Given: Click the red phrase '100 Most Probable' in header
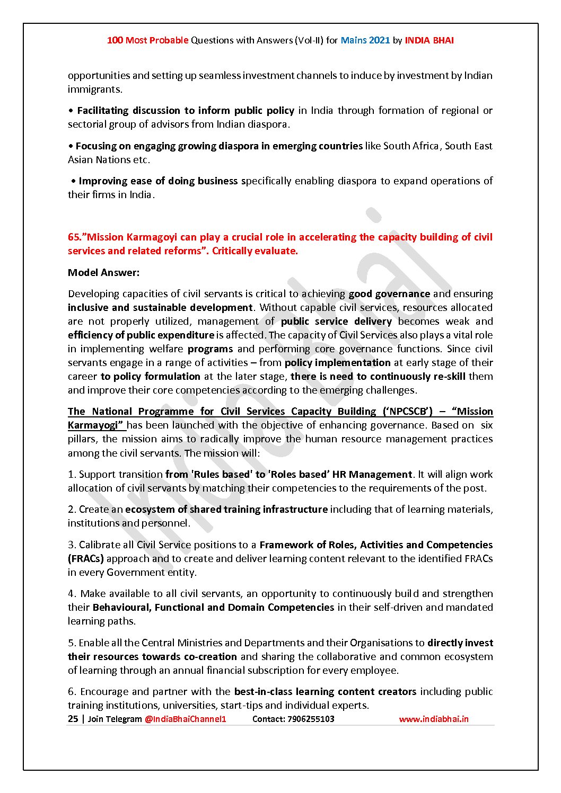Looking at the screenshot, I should point(147,40).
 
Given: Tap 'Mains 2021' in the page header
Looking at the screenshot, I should point(365,40).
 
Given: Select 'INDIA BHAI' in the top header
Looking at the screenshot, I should point(429,40).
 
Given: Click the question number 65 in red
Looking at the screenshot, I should point(73,237).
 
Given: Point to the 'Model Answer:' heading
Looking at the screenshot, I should point(103,273).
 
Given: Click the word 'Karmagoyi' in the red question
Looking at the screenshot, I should point(150,237).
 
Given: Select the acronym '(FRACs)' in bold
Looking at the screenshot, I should point(85,559).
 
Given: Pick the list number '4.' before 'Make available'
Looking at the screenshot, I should point(72,594).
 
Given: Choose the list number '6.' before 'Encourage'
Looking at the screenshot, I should point(72,692).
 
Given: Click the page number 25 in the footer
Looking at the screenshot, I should point(73,719).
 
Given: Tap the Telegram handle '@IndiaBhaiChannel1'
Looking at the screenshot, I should point(185,719).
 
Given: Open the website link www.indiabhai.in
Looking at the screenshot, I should point(433,719).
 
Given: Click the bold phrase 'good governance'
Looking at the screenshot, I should point(389,294).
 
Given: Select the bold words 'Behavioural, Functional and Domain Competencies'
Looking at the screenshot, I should point(213,608).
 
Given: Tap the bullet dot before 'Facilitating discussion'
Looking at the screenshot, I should point(71,111).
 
